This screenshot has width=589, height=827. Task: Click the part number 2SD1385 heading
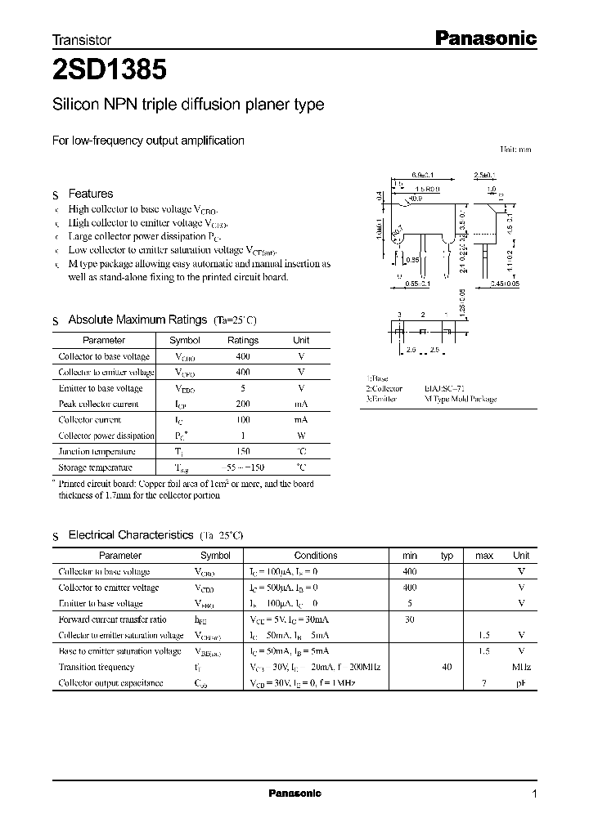coord(110,70)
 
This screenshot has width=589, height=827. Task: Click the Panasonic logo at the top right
coord(483,38)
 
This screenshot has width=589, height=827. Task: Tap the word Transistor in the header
coord(82,39)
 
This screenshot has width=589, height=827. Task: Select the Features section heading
coord(90,194)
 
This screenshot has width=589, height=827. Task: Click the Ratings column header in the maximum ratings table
coord(242,340)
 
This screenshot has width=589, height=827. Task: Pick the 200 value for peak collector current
coord(242,404)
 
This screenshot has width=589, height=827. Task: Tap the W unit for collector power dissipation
coord(301,436)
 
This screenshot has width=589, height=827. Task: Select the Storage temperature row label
coord(95,467)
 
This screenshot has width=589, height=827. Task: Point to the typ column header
coord(447,556)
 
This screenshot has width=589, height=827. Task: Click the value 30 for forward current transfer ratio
coord(410,619)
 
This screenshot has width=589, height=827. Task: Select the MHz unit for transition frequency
coord(521,667)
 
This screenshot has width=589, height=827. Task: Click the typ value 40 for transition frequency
coord(447,667)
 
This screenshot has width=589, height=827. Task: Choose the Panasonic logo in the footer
coord(295,793)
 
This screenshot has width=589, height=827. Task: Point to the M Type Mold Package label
coord(460,400)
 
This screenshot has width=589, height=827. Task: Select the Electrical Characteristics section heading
coord(130,534)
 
